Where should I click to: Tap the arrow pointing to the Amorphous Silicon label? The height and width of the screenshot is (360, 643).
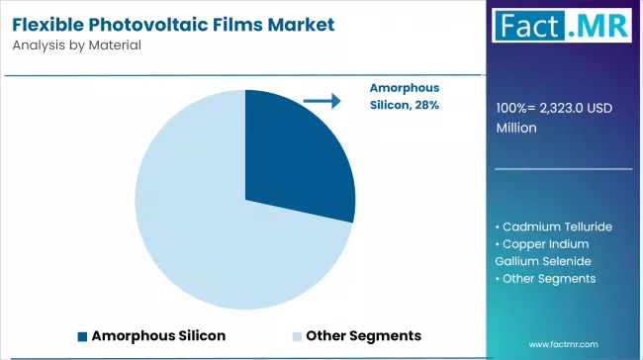pos(321,100)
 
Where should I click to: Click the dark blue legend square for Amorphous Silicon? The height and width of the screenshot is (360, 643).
pos(82,336)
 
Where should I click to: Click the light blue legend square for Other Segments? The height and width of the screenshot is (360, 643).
pos(297,336)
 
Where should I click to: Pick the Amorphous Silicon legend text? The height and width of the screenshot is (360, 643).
pos(158,335)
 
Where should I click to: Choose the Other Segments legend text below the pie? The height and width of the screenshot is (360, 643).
pos(363,335)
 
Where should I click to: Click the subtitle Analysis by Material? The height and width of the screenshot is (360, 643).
pos(77,45)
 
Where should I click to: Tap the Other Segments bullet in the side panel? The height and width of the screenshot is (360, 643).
pos(548,278)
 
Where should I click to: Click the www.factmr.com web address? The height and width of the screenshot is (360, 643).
pos(564,343)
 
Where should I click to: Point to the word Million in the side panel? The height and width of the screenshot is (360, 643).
pos(517,127)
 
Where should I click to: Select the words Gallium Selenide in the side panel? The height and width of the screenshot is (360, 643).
pos(542,260)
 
